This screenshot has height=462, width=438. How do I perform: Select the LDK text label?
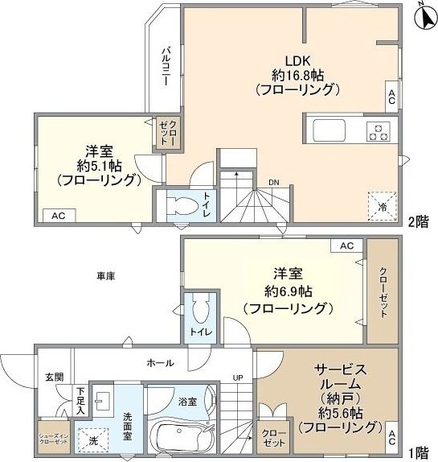292,60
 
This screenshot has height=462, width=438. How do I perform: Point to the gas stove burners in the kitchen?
378,131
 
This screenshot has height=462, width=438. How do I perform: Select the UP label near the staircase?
238,377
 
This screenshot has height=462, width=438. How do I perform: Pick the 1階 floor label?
417,452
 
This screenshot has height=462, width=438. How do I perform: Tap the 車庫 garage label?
106,276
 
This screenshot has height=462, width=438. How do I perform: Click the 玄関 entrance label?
54,377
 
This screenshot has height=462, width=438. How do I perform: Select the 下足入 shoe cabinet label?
80,399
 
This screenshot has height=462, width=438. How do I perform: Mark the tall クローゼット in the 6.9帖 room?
383,291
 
